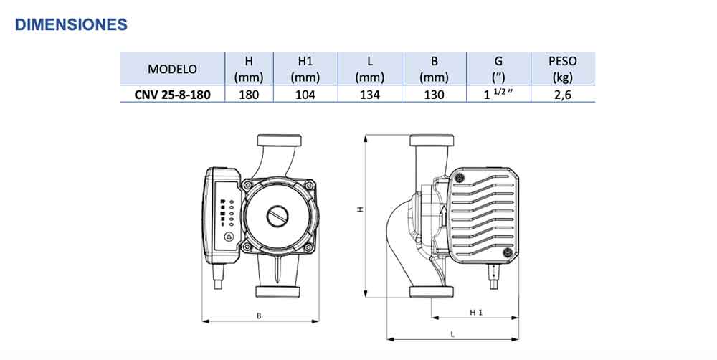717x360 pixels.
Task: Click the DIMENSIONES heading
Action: [x=71, y=24]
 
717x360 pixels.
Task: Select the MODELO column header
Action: [x=172, y=69]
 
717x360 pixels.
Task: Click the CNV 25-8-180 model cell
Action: [x=172, y=94]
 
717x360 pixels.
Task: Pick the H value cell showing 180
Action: [x=244, y=94]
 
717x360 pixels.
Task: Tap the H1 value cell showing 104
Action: [x=305, y=94]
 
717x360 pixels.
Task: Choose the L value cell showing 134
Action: [x=369, y=94]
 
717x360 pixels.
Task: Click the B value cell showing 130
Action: [x=434, y=94]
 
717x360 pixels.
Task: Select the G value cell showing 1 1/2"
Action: [x=498, y=94]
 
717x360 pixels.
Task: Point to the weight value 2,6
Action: [x=563, y=94]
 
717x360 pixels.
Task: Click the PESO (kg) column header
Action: [x=563, y=69]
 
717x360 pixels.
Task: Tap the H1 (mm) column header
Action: [x=305, y=69]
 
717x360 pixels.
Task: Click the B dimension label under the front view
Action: [x=259, y=316]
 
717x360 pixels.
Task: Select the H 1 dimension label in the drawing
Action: [x=476, y=313]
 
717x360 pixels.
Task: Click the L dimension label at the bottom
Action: [x=453, y=334]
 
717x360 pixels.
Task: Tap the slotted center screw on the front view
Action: [x=277, y=215]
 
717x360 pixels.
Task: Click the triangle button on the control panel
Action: [x=229, y=237]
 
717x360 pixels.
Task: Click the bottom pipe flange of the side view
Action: [x=431, y=291]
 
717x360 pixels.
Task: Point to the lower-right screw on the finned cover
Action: [x=508, y=252]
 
